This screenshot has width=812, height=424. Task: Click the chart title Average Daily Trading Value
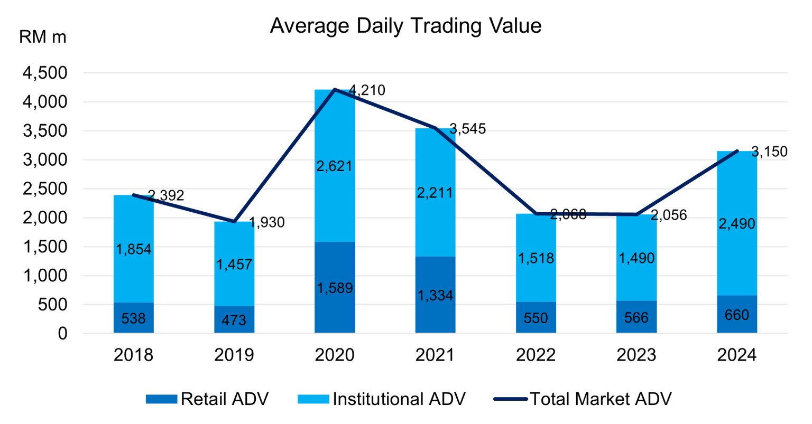click(405, 25)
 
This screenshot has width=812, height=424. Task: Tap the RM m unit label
click(42, 37)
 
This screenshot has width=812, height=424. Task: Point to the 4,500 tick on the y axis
click(45, 73)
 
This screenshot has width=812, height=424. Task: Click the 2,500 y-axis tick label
click(45, 189)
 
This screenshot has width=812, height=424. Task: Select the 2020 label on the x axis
click(335, 355)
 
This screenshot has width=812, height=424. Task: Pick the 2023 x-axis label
click(636, 355)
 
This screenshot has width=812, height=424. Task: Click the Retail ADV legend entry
click(207, 399)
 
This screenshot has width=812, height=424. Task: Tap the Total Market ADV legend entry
click(583, 399)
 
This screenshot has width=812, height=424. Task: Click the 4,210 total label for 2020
click(366, 91)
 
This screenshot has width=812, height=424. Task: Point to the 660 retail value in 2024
click(737, 315)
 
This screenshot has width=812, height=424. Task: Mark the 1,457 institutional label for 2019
click(234, 264)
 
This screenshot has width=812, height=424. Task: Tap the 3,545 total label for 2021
click(467, 129)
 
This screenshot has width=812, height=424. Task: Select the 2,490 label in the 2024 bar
click(737, 224)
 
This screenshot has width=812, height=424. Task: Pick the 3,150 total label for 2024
click(769, 152)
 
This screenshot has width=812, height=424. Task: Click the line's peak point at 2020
click(335, 90)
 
